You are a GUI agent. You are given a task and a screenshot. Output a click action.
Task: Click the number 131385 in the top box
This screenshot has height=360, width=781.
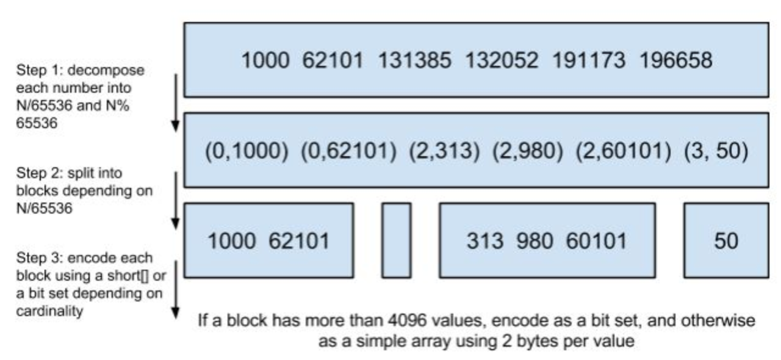(414, 60)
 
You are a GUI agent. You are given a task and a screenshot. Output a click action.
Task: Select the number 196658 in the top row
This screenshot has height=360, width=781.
(675, 60)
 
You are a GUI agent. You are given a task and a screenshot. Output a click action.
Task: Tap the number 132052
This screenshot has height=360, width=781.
(502, 60)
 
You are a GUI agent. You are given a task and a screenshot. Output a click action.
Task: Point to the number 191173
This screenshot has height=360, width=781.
(589, 60)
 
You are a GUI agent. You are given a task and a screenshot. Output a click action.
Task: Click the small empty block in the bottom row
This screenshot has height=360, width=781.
(397, 240)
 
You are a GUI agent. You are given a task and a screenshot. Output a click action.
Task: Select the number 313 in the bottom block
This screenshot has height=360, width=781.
(485, 241)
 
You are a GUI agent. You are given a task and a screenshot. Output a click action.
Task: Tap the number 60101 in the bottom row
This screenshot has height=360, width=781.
(596, 241)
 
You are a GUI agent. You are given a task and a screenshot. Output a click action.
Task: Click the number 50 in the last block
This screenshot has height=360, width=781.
(726, 241)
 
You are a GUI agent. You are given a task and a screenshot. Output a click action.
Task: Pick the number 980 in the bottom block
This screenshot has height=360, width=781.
(534, 241)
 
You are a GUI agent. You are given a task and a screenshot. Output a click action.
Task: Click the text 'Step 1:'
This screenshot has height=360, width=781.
(39, 70)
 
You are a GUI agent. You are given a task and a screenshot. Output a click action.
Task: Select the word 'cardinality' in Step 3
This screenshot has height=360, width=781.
(49, 311)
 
